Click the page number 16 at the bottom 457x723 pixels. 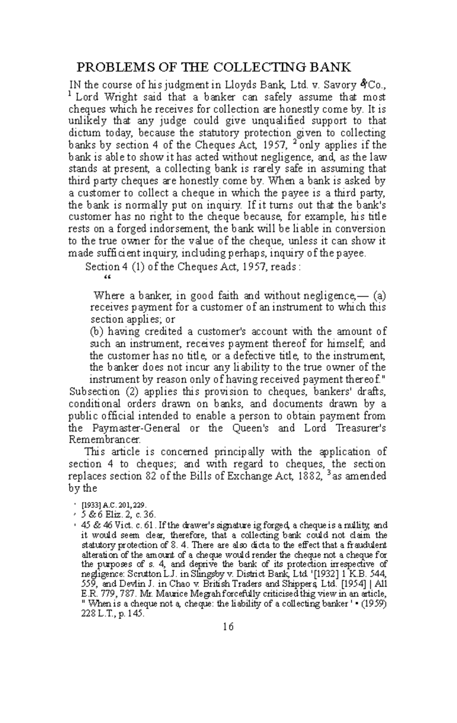pyautogui.click(x=228, y=626)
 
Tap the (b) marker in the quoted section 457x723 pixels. pyautogui.click(x=97, y=331)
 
